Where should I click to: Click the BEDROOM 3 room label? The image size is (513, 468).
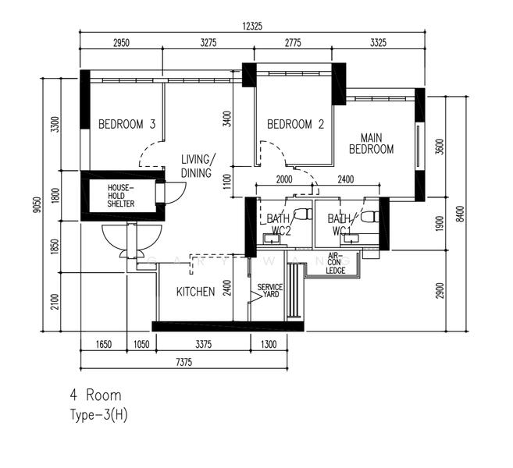pyautogui.click(x=126, y=124)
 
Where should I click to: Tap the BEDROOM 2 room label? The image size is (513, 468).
pyautogui.click(x=295, y=124)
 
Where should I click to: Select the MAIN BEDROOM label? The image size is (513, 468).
pyautogui.click(x=371, y=143)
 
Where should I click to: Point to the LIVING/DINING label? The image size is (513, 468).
pyautogui.click(x=197, y=165)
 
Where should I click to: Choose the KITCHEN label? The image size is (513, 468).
pyautogui.click(x=195, y=292)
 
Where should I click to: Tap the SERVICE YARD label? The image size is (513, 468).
pyautogui.click(x=269, y=292)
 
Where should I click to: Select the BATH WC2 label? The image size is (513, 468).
pyautogui.click(x=279, y=225)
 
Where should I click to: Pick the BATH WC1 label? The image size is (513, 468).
pyautogui.click(x=340, y=225)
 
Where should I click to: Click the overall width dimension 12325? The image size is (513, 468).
pyautogui.click(x=251, y=26)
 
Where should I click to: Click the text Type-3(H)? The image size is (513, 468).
pyautogui.click(x=98, y=415)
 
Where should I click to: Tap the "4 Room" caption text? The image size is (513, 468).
pyautogui.click(x=95, y=395)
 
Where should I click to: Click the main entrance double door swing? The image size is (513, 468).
pyautogui.click(x=131, y=240)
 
